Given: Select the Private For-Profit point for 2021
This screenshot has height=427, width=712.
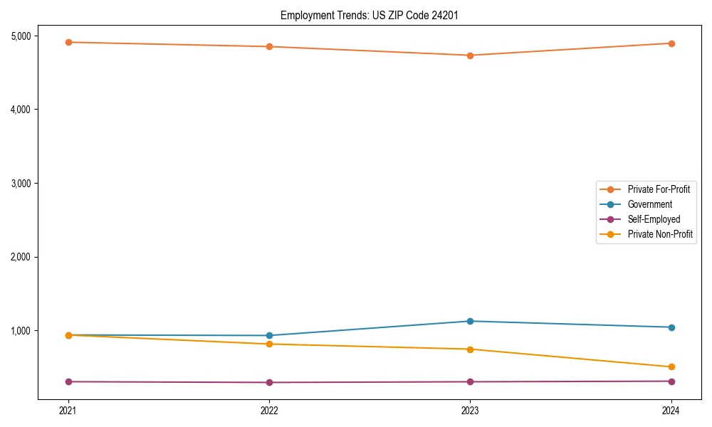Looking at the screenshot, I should pos(68,42).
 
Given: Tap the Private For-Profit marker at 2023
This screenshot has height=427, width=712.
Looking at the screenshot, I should pos(470,56).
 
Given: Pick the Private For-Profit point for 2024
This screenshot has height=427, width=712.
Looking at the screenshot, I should pos(671,43).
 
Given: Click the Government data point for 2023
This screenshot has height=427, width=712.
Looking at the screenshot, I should pos(470,321).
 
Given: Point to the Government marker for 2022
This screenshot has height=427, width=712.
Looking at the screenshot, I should pos(269,335).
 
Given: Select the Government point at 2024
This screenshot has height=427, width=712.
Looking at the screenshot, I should pos(671,327).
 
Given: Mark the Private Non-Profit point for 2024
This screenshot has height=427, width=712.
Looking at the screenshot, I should pos(671,367).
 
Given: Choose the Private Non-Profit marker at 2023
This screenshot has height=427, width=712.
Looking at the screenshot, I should pos(470,349).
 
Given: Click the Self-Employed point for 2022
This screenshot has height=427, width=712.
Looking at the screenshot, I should pos(269,382).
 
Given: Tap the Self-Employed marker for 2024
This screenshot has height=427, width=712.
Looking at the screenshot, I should pos(671,381).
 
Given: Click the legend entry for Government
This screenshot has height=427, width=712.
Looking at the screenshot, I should pos(649,204).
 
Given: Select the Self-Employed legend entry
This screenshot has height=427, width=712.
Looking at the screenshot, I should pos(654,219).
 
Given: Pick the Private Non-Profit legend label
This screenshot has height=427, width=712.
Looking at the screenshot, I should pos(660,234).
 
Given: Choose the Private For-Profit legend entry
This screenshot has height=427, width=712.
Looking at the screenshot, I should pos(659,189).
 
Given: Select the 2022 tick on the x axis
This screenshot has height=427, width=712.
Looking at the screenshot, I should pos(269,410).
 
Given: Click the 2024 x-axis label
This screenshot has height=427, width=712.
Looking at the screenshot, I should pos(671,410).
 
